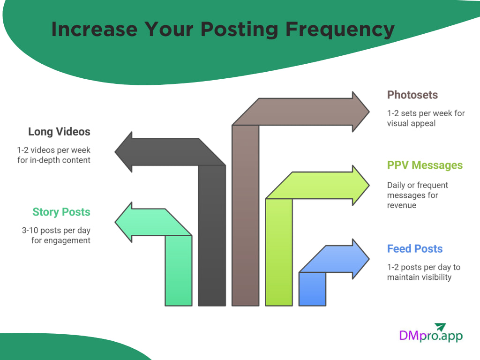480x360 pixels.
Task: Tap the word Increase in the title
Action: pyautogui.click(x=94, y=29)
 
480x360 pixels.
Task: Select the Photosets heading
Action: pyautogui.click(x=412, y=95)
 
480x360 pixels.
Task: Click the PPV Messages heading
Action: pyautogui.click(x=425, y=165)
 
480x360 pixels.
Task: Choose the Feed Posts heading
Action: pyautogui.click(x=415, y=248)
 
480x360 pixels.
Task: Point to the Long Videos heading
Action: pyautogui.click(x=59, y=132)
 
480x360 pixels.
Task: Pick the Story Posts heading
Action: pyautogui.click(x=61, y=212)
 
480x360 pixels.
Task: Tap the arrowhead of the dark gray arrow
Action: pyautogui.click(x=124, y=152)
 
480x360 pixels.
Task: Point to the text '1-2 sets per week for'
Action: pyautogui.click(x=426, y=113)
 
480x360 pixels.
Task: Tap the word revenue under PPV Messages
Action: pyautogui.click(x=401, y=205)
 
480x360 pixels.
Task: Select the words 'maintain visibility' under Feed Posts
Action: pyautogui.click(x=419, y=277)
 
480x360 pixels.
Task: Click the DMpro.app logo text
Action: pyautogui.click(x=430, y=336)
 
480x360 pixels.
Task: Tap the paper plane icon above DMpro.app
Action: pyautogui.click(x=440, y=326)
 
